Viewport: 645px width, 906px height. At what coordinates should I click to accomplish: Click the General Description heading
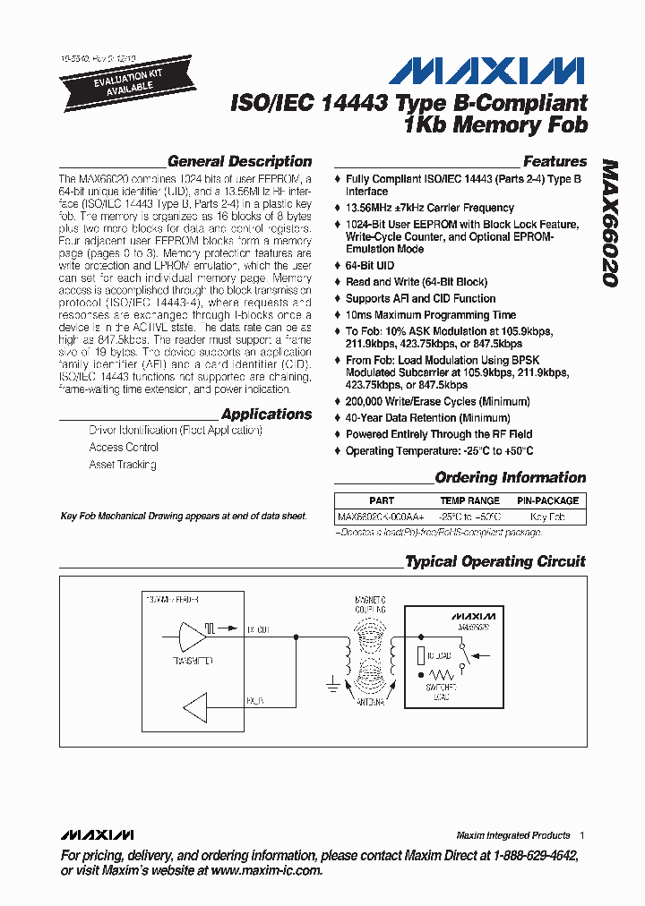[x=239, y=162]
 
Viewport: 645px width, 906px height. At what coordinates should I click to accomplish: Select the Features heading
[x=555, y=162]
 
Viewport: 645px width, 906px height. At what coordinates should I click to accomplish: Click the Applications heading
[x=266, y=415]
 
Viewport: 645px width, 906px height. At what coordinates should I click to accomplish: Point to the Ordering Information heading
[x=510, y=478]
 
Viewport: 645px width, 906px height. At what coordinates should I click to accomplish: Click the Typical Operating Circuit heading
[x=494, y=562]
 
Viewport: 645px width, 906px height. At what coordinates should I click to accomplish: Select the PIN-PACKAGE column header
[x=547, y=501]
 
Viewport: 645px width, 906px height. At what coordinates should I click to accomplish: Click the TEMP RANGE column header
[x=469, y=501]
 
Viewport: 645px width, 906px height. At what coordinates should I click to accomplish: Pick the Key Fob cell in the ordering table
[x=547, y=517]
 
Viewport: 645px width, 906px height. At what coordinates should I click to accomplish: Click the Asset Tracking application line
[x=123, y=465]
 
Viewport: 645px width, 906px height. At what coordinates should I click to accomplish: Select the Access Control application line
[x=124, y=448]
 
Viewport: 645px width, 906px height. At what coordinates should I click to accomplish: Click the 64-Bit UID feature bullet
[x=370, y=266]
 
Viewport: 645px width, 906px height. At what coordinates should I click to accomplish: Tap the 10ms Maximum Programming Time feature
[x=431, y=315]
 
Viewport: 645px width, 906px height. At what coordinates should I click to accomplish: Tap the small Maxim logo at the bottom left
[x=99, y=835]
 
